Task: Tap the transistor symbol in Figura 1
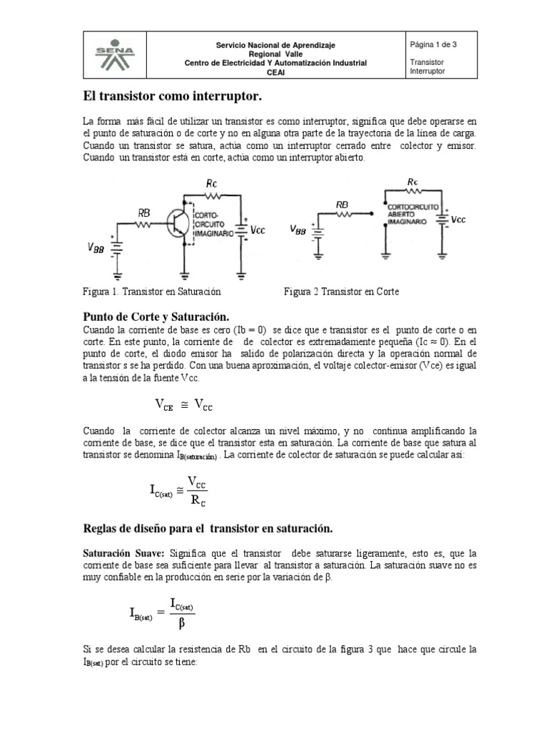coord(177,223)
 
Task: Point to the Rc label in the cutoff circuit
coord(413,182)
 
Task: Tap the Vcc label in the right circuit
coord(459,220)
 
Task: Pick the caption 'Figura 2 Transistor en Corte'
coord(341,292)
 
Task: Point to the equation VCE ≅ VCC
coord(184,405)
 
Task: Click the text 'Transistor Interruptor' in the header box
coord(428,66)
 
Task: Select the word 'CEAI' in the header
coord(275,72)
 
